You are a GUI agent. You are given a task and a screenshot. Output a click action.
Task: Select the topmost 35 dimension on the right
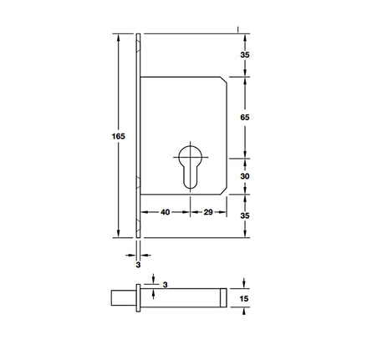click(245, 54)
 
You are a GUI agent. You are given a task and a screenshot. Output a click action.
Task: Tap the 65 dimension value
click(245, 118)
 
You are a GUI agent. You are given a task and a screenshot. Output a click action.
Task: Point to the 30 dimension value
click(245, 176)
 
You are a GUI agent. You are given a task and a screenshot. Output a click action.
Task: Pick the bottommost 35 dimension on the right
click(245, 215)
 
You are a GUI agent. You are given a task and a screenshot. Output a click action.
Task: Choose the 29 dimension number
click(208, 213)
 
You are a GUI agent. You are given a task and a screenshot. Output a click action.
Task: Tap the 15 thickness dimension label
click(245, 297)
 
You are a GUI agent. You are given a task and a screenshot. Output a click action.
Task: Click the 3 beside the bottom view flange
click(166, 285)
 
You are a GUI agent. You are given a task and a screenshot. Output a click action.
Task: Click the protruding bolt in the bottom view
click(121, 297)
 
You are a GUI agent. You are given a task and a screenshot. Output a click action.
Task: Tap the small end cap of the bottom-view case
click(222, 297)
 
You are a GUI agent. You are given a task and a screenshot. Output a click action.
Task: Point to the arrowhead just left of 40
click(144, 213)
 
